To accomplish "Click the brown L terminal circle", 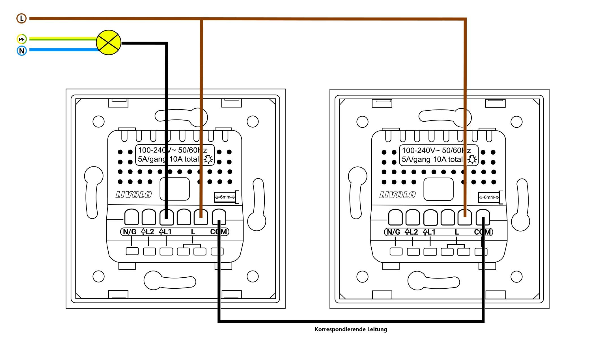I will point(21,18).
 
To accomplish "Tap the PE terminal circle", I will point(21,39).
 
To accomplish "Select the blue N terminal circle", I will point(21,51).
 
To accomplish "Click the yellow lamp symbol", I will point(109,42).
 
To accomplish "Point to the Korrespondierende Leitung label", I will point(351,329).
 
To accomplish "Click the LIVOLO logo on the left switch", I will point(133,195).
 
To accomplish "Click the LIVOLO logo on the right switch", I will point(397,195).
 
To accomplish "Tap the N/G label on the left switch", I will point(130,232).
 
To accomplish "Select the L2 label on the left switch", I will point(148,232).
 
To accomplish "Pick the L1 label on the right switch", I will point(429,232).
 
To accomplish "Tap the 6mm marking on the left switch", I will point(225,197).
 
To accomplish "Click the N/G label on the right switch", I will point(393,232).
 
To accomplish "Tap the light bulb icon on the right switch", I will point(472,160).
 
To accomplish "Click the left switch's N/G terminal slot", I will point(132,217).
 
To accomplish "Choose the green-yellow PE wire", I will point(62,39).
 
